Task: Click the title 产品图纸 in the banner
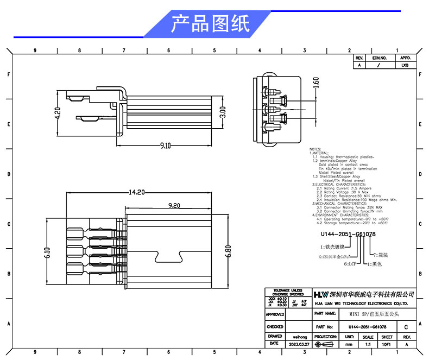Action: point(210,24)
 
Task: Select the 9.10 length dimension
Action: point(166,146)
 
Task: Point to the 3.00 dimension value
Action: point(223,112)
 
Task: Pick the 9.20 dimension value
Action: point(174,206)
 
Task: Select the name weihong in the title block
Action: point(299,337)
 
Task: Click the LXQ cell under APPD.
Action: point(405,65)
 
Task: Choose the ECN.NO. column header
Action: point(379,58)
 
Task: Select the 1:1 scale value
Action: point(368,344)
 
